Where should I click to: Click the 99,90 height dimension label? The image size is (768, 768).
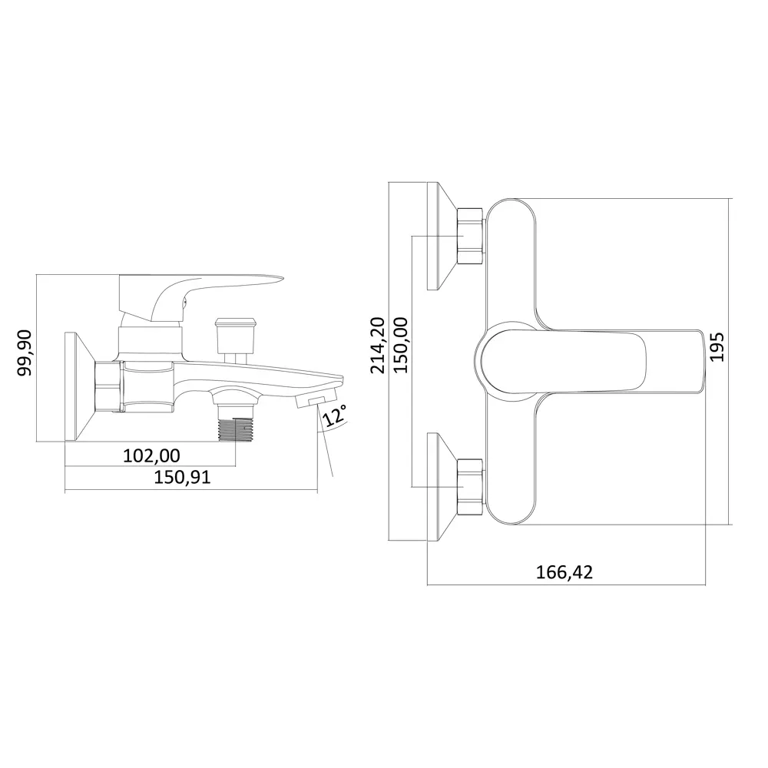pyautogui.click(x=25, y=353)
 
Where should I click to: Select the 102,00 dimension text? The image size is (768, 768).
pyautogui.click(x=151, y=455)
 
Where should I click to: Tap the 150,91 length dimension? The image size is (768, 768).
pyautogui.click(x=182, y=477)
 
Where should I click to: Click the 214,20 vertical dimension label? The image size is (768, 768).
pyautogui.click(x=378, y=345)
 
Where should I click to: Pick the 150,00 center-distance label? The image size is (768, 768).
pyautogui.click(x=401, y=345)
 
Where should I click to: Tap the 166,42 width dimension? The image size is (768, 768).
pyautogui.click(x=564, y=572)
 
